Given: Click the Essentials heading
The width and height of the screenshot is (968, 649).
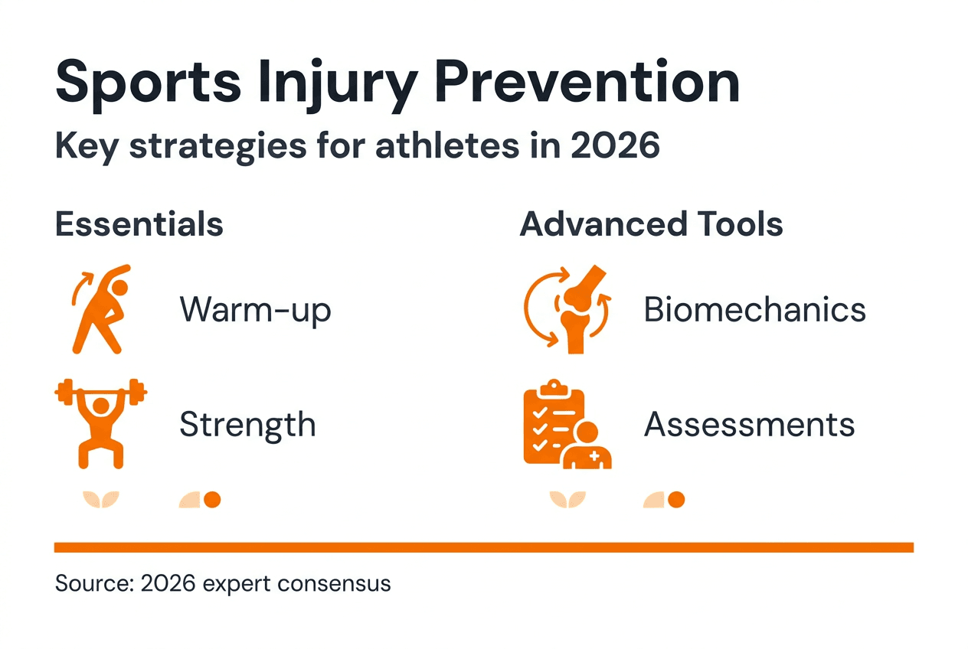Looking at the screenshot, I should pos(139,225).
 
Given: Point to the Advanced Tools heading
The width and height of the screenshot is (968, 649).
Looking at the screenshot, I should pos(651,225).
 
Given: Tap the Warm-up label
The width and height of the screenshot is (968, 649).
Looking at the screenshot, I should pos(255,311).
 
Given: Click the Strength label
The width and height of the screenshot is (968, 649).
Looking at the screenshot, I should pos(247,425).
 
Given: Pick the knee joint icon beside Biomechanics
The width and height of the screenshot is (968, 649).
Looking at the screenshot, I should pos(567,309).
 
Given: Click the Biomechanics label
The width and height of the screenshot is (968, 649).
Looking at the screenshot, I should pos(754,311).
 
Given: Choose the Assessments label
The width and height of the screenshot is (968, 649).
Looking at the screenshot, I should pos(749,425).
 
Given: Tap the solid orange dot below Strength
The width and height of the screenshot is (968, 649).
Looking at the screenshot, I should pos(212,500).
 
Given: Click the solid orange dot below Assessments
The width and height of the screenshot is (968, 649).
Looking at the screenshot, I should pos(675,500).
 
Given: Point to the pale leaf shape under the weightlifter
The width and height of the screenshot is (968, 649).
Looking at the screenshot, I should pos(100,500).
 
